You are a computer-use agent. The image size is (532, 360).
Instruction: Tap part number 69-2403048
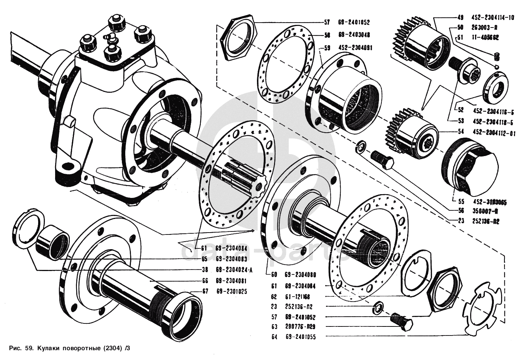pos(354,35)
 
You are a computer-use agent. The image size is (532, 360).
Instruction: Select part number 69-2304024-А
pos(234,270)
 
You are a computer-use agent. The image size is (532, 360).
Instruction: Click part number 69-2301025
pos(235,291)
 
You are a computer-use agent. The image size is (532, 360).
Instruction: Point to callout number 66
pos(205,281)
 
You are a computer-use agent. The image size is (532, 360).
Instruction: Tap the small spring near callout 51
pos(497,58)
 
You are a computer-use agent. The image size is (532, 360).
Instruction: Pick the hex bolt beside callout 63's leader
pos(401,320)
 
